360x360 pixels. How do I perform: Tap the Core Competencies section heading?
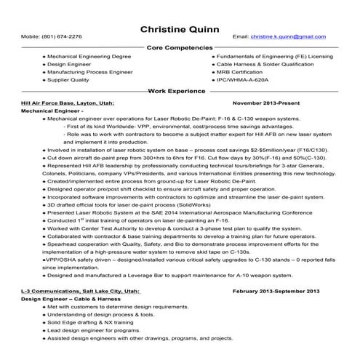coord(179,47)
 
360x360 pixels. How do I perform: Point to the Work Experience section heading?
coord(179,93)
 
